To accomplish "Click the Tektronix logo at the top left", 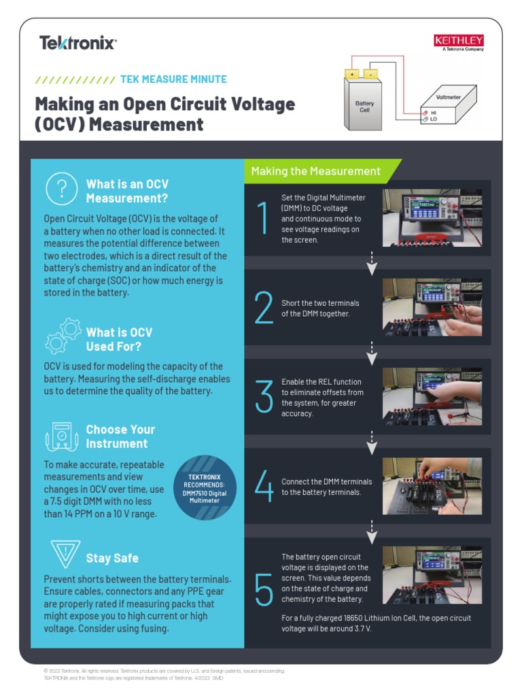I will click(x=78, y=43).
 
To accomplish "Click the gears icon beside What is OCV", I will click(x=63, y=336).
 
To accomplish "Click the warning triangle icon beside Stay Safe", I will click(x=65, y=553).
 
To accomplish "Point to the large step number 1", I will click(x=262, y=219).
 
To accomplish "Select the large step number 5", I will click(x=264, y=589).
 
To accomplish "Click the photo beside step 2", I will click(x=432, y=307).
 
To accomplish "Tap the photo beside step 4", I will click(x=432, y=485).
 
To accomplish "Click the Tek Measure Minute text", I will click(x=173, y=79).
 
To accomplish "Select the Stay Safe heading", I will click(x=112, y=558).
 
